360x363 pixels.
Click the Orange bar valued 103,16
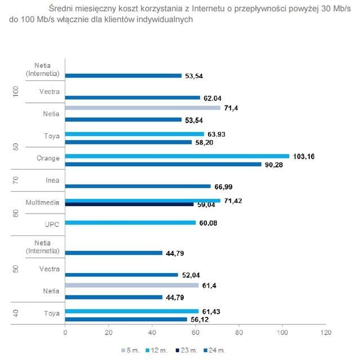point(177,156)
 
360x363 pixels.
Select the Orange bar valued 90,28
point(163,164)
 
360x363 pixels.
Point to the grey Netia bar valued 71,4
point(143,106)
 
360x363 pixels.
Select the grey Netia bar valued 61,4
point(132,285)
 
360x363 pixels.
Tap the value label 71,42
point(233,200)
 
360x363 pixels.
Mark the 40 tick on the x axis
point(152,333)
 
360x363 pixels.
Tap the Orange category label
point(48,158)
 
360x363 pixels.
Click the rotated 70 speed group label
point(16,181)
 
